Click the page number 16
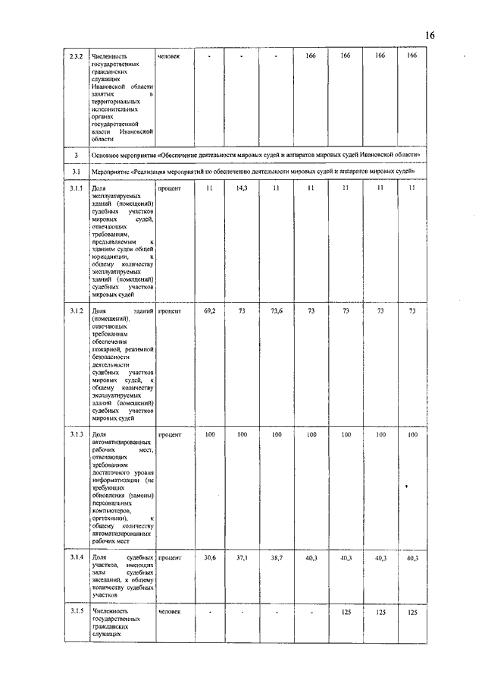click(430, 36)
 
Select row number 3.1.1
click(75, 187)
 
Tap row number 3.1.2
click(75, 311)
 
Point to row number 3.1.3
click(75, 435)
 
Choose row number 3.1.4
click(75, 558)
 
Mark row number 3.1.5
click(75, 611)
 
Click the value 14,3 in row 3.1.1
click(242, 187)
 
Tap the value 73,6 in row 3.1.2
click(277, 311)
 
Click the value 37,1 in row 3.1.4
click(242, 558)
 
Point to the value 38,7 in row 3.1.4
click(277, 558)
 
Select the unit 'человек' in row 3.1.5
click(170, 611)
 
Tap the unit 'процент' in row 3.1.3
click(170, 435)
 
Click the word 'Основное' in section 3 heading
click(107, 154)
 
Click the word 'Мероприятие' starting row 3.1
click(110, 171)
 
